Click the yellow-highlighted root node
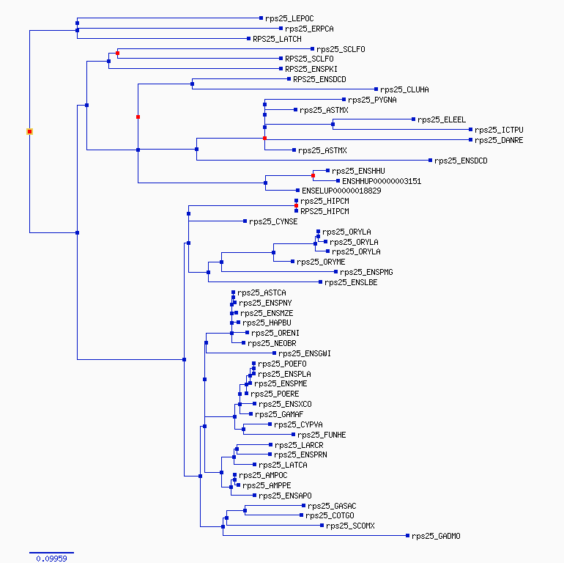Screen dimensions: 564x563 pyautogui.click(x=29, y=132)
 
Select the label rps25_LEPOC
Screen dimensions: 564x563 pyautogui.click(x=289, y=18)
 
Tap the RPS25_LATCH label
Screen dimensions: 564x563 pyautogui.click(x=277, y=39)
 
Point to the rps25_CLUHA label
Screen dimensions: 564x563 pyautogui.click(x=404, y=89)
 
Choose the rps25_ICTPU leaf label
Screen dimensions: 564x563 pyautogui.click(x=499, y=130)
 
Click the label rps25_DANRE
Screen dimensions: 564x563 pyautogui.click(x=499, y=141)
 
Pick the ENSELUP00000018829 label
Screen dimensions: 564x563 pyautogui.click(x=341, y=191)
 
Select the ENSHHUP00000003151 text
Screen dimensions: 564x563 pyautogui.click(x=382, y=181)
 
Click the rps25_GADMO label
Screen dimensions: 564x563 pyautogui.click(x=436, y=537)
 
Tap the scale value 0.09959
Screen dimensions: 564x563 pyautogui.click(x=51, y=559)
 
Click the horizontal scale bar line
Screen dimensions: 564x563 pyautogui.click(x=51, y=553)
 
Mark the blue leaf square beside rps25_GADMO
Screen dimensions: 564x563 pyautogui.click(x=407, y=536)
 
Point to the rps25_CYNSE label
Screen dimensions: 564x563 pyautogui.click(x=273, y=221)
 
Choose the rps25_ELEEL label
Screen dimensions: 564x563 pyautogui.click(x=442, y=120)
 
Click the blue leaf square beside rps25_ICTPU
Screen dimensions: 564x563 pyautogui.click(x=470, y=130)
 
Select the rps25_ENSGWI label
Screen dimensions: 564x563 pyautogui.click(x=305, y=354)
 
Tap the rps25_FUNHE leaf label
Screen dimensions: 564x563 pyautogui.click(x=322, y=435)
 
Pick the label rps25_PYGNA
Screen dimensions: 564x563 pyautogui.click(x=372, y=100)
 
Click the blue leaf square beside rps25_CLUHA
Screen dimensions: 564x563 pyautogui.click(x=376, y=89)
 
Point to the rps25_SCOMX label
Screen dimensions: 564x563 pyautogui.click(x=350, y=526)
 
